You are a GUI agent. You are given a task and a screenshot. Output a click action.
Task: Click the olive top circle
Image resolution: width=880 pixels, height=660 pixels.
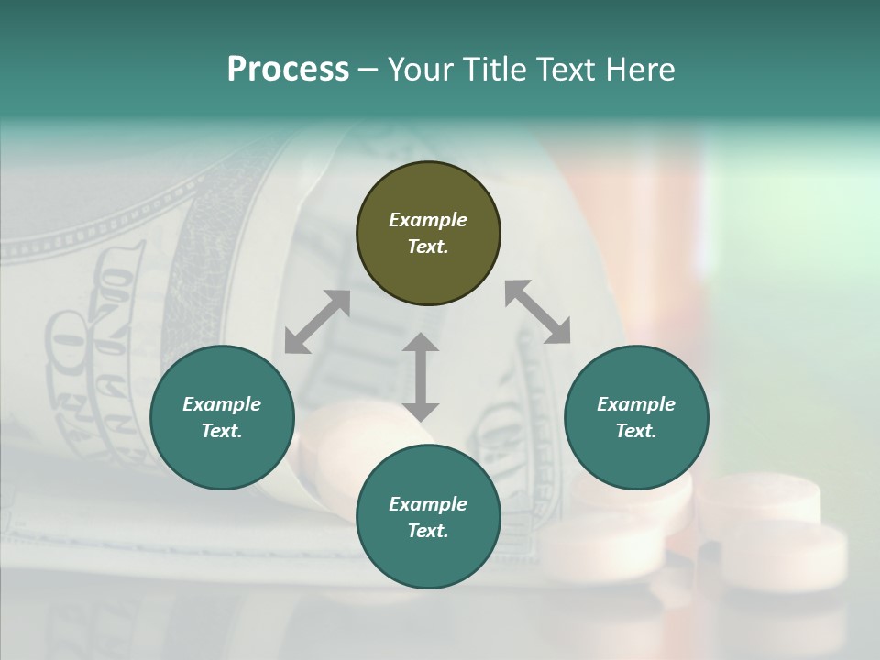pos(428,234)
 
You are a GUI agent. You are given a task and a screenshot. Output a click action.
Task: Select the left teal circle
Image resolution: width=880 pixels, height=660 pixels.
pos(222,418)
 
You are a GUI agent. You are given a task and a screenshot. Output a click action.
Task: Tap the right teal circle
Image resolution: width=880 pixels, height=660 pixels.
pos(636,418)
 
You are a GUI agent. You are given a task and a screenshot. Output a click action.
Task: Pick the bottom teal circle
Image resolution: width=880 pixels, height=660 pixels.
pos(428,517)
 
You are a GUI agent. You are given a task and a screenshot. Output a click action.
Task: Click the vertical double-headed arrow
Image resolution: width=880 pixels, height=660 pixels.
pos(421,377)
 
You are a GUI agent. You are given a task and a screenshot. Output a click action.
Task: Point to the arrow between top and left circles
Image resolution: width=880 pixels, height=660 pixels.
pos(317,321)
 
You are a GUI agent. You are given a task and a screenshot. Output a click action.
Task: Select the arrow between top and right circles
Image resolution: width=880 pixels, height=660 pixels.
pos(537,312)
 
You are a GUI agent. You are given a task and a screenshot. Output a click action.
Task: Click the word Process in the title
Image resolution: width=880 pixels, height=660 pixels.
pos(288,70)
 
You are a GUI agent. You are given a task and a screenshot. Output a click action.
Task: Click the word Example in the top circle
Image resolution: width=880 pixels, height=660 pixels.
pos(428,220)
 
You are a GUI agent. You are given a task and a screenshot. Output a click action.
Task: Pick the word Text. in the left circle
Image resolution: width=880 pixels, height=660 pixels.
pos(222,431)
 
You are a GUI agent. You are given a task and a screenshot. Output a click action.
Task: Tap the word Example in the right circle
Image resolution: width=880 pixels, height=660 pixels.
pos(636,404)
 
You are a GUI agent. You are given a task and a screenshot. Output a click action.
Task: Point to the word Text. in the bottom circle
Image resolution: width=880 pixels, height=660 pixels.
pos(428,531)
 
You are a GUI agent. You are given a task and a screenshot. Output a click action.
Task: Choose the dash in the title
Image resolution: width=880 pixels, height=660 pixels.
pos(368,70)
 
